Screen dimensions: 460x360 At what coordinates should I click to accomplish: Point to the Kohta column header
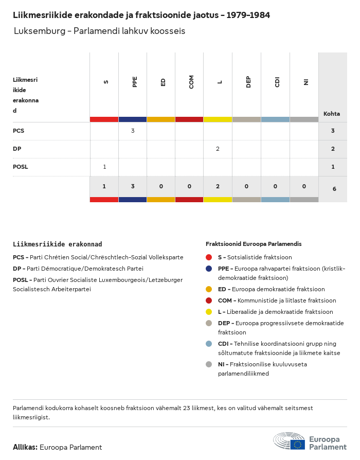(332, 114)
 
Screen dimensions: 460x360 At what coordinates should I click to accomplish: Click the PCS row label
(19, 131)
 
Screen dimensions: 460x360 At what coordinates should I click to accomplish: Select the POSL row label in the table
(21, 167)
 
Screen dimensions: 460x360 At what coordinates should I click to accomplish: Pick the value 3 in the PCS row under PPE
(133, 131)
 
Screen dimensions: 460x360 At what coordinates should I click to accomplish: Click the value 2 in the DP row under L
(218, 149)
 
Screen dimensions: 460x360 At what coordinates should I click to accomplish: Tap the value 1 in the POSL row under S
(104, 167)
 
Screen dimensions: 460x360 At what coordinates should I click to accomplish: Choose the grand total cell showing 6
(334, 189)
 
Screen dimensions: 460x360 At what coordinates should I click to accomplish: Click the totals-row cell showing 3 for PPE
(133, 186)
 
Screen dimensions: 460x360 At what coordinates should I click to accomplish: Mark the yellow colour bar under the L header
(218, 119)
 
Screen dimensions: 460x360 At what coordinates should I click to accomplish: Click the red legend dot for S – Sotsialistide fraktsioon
(209, 257)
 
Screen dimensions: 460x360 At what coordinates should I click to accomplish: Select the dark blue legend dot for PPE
(209, 269)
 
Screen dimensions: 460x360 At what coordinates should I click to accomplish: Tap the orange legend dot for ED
(209, 289)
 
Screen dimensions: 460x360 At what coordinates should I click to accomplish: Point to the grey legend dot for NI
(209, 364)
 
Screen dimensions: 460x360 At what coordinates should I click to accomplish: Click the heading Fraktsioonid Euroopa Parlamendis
(254, 244)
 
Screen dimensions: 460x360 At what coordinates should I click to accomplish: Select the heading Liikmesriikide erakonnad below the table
(57, 244)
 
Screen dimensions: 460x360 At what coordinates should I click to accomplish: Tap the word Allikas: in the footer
(25, 447)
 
